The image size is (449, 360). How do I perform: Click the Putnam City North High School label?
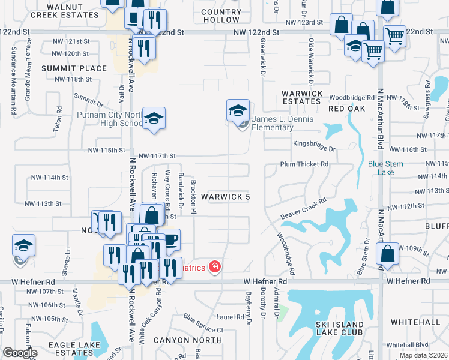109,119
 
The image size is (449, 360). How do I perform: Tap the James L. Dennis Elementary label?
282,123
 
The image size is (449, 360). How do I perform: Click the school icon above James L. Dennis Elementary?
238,110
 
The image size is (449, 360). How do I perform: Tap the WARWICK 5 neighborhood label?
225,197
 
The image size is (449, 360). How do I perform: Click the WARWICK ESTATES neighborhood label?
302,97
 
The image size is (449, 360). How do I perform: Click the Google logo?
20,353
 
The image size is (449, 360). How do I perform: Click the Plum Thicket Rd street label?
304,164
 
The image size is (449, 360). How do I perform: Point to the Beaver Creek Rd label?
303,208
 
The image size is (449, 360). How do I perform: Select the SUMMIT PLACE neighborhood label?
74,68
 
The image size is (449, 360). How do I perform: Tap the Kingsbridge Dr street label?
314,144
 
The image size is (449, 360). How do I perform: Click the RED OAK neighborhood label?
346,109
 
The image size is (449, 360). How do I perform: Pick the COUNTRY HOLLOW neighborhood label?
221,16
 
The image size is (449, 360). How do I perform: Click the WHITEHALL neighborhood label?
415,322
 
